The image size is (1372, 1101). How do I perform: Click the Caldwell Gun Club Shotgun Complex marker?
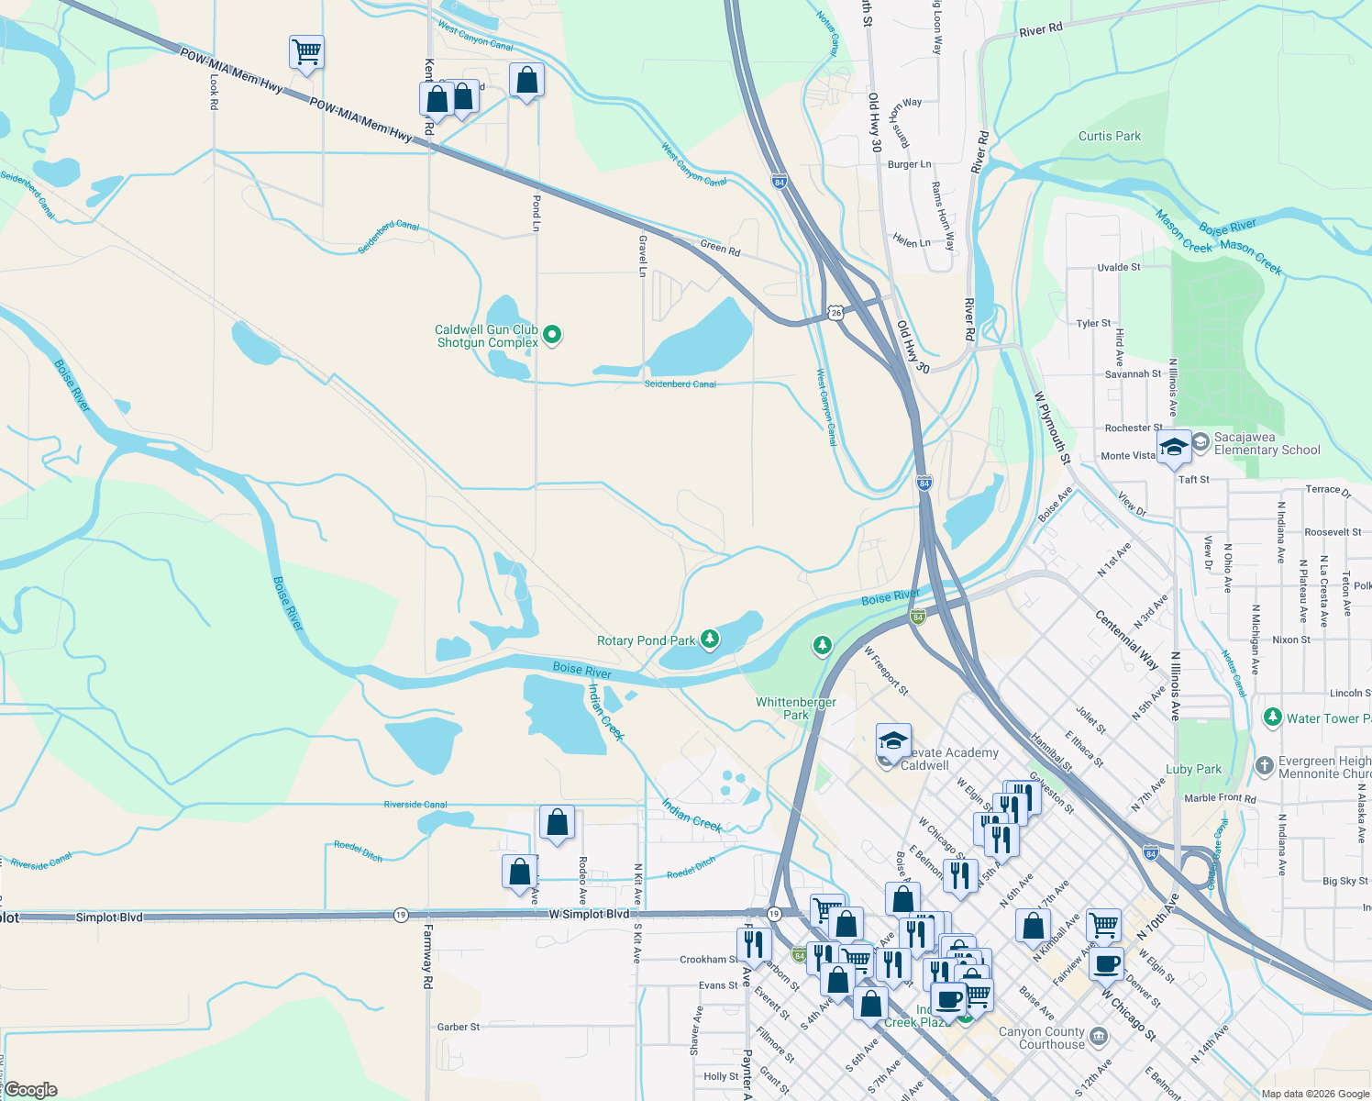point(552,335)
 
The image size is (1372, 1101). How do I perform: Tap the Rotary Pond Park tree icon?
point(709,639)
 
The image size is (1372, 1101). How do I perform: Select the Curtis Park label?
point(1110,136)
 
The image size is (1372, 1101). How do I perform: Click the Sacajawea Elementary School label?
point(1267,444)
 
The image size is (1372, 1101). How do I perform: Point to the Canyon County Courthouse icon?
point(1100,1038)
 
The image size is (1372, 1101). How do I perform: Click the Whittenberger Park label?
point(795,708)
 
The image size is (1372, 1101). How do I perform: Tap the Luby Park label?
point(1193,770)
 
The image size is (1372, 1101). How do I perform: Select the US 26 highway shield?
point(835,313)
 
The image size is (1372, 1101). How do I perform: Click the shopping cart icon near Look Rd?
point(306,52)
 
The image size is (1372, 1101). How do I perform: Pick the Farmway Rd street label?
point(427,956)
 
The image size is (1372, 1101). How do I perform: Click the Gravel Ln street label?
point(643,255)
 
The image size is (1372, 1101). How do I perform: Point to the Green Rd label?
point(720,248)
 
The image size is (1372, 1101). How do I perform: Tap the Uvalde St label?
point(1119,268)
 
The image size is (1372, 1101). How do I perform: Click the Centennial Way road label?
point(1126,639)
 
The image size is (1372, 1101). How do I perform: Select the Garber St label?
point(459,1028)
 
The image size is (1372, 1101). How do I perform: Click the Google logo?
point(31,1090)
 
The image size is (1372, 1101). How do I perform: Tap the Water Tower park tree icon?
point(1272,717)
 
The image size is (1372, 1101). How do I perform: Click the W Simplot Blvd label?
point(590,915)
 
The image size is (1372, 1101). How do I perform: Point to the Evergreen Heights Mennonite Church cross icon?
point(1264,765)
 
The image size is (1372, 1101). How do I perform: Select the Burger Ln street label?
point(909,165)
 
